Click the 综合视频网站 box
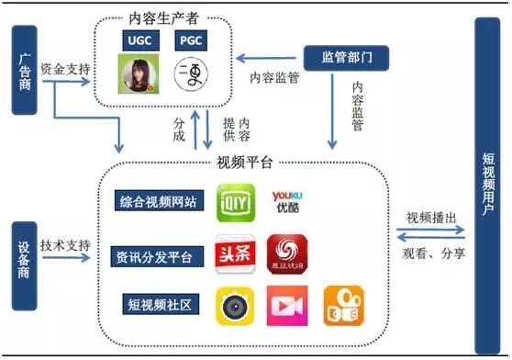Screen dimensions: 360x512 157,202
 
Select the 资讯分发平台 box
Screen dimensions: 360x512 157,255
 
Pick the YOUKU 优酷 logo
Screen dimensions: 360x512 286,202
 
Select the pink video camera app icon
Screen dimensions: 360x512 286,305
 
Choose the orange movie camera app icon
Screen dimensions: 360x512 340,305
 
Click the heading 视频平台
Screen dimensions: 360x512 244,163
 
